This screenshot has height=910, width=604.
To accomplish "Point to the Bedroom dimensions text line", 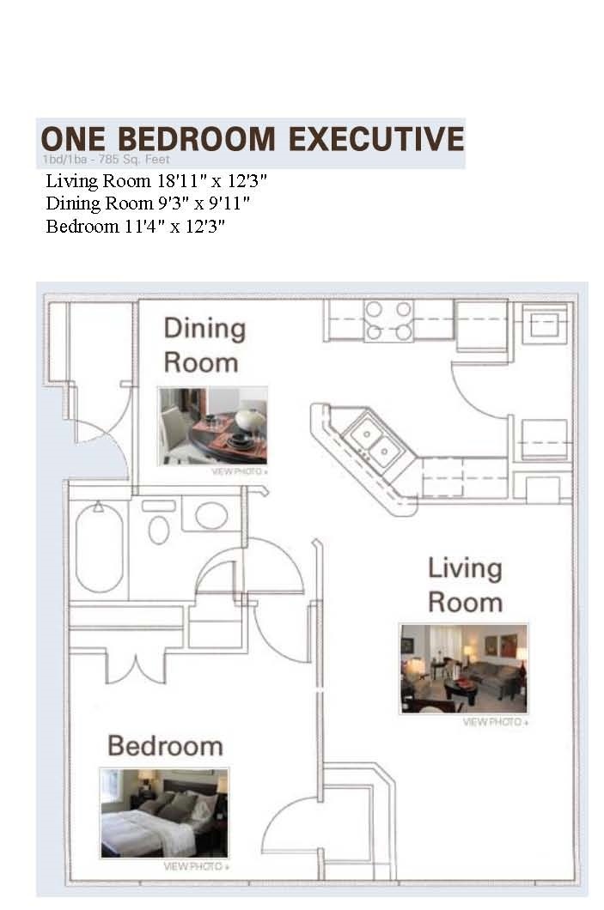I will pos(135,226).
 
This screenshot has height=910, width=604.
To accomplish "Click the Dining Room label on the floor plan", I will pos(204,344).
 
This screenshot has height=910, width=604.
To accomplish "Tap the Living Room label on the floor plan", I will pos(465,584).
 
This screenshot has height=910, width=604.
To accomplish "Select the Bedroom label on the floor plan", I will pos(165,745).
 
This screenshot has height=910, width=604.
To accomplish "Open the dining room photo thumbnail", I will pos(212,425).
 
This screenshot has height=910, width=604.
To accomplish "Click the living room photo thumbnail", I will pos(464,668).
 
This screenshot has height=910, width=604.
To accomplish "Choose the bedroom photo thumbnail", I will pos(164,812).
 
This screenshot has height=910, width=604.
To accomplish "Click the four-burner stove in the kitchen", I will pos(388,320).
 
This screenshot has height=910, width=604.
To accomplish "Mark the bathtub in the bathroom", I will pos(99,547).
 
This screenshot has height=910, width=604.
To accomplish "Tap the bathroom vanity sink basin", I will pos(211,516).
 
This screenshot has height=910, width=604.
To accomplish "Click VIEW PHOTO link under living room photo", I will pos(495,722).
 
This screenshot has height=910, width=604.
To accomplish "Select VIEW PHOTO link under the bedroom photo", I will pos(196,866).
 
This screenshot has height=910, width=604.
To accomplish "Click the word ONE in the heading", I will pos(72,138).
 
